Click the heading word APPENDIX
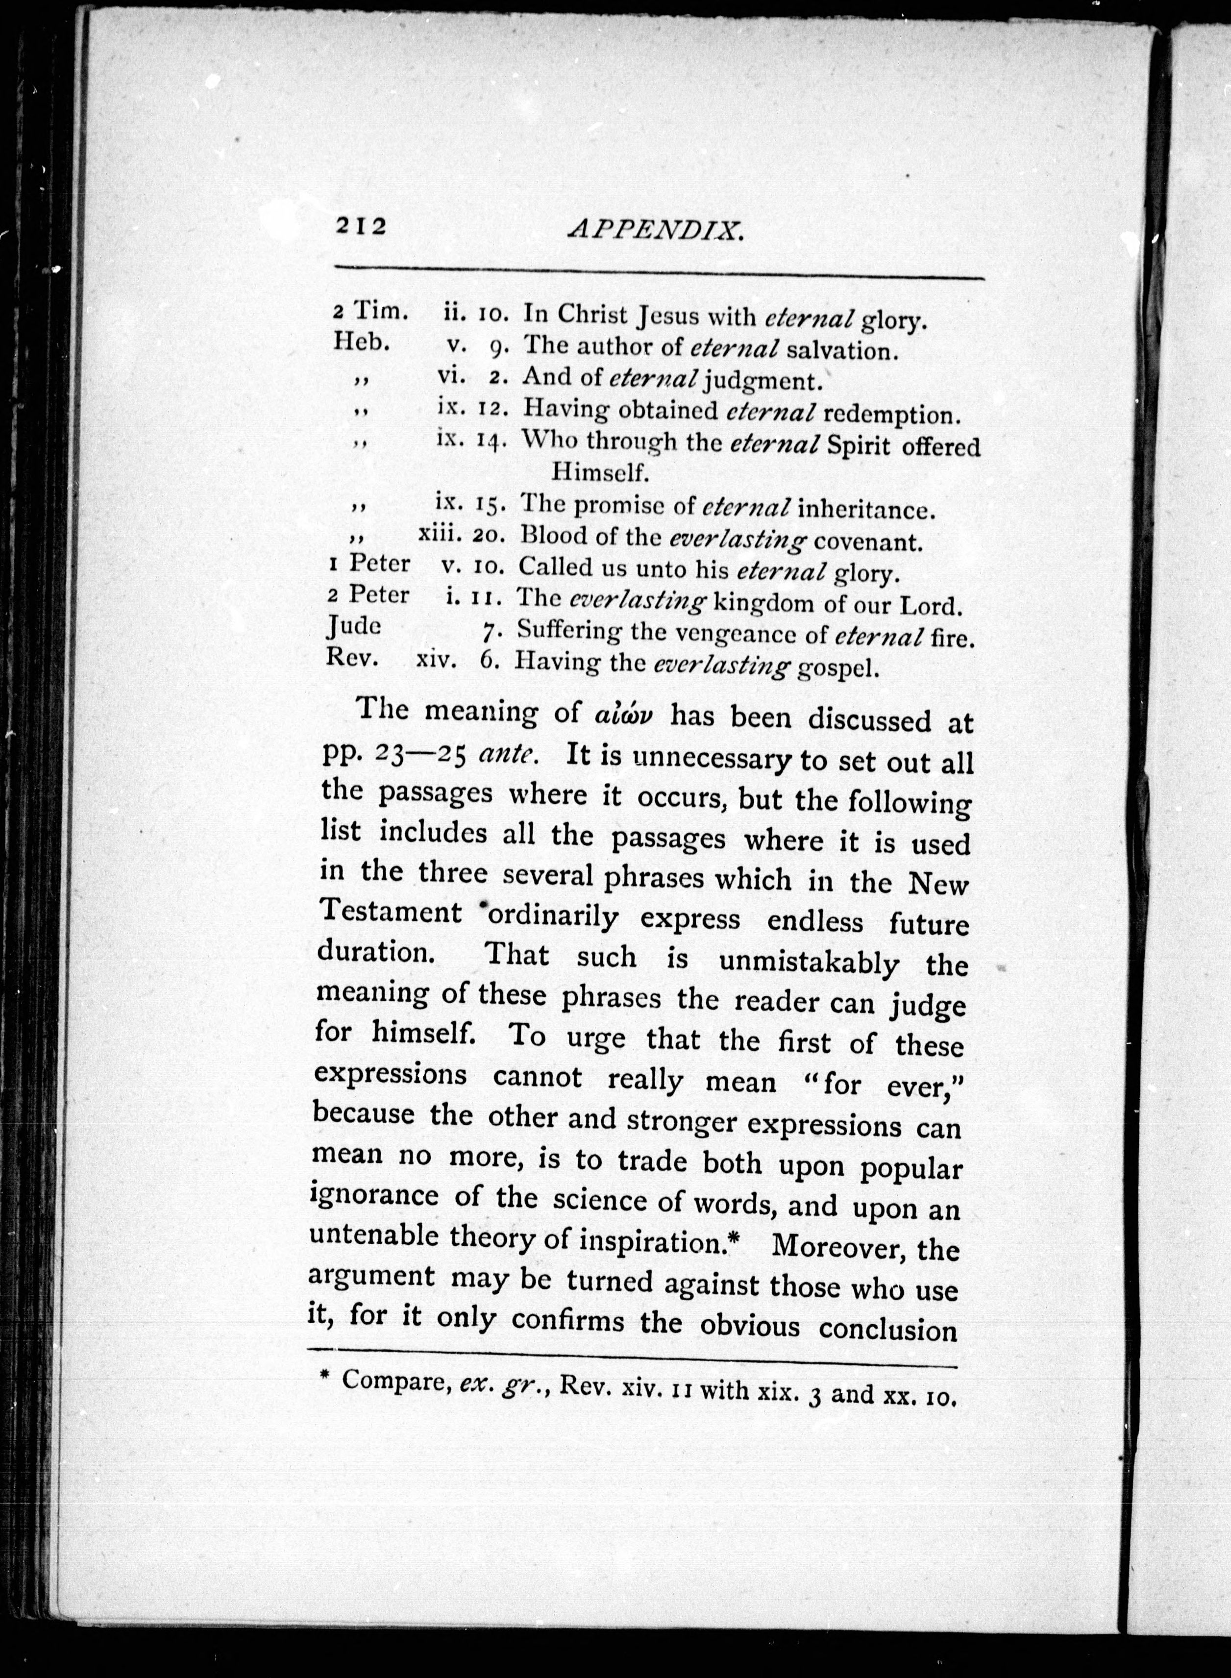[x=656, y=229]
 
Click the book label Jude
[x=355, y=627]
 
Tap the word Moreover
[x=835, y=1245]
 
